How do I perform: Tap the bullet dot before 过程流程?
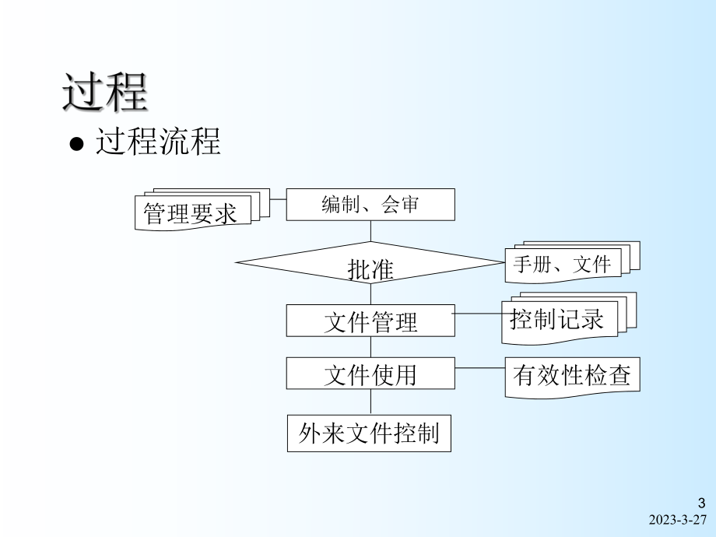click(75, 146)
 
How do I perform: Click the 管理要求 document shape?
click(191, 212)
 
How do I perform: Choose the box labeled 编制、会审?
click(370, 205)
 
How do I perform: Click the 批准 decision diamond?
click(370, 268)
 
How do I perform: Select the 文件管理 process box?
click(370, 321)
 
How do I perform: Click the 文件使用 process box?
click(370, 374)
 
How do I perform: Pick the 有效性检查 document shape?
click(572, 376)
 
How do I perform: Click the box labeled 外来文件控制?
click(369, 433)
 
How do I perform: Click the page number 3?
click(700, 503)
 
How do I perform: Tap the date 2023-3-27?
click(677, 521)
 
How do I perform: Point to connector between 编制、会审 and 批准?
click(370, 231)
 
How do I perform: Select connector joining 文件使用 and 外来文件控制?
click(370, 402)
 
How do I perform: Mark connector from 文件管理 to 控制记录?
click(478, 314)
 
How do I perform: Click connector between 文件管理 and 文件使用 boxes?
click(370, 347)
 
